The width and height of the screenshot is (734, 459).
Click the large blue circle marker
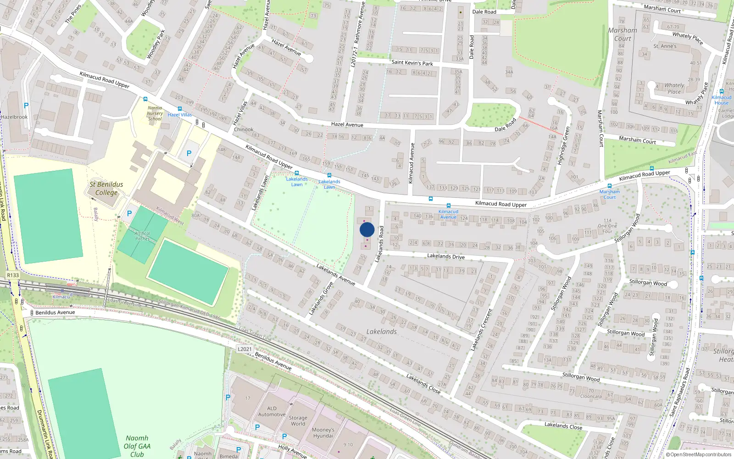coord(367,229)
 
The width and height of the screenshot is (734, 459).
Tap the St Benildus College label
coord(106,188)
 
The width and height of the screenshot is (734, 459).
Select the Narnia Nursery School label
coord(155,113)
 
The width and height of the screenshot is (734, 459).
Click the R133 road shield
coord(13,275)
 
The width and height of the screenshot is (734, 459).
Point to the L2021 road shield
coord(245,349)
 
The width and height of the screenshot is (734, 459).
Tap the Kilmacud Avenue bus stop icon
coord(448,206)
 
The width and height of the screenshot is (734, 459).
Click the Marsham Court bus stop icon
coord(609,186)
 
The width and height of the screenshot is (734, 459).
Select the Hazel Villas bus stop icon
coord(179,109)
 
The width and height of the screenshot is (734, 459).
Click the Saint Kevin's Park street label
coord(412,63)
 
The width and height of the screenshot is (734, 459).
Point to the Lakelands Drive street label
coord(445,256)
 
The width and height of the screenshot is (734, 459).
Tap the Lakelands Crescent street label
coord(481,330)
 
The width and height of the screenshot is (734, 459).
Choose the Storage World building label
coord(298,420)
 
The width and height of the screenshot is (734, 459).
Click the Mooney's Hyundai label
coord(323,433)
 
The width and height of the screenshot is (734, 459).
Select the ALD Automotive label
coord(272,411)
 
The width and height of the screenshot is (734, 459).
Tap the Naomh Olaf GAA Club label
coord(137,446)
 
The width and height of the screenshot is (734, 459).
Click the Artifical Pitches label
coord(142,236)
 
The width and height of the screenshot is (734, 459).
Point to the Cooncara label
coord(591,396)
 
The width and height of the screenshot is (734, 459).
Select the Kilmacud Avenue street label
coord(411,163)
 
